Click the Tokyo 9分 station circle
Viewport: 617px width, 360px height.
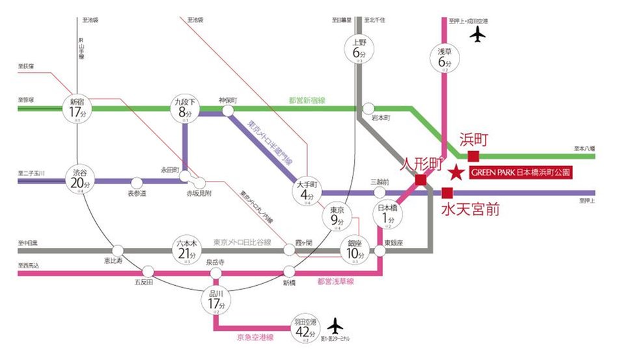[336, 218]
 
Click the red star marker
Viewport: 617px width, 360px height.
[457, 173]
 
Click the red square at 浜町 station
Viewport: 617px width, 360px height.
[473, 156]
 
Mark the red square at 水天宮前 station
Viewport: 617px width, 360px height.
[446, 193]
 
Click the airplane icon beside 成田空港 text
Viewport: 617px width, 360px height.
[480, 35]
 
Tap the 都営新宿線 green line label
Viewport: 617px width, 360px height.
[307, 100]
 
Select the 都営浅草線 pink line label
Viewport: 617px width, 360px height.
[336, 282]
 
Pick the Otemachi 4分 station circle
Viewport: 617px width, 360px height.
[308, 193]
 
